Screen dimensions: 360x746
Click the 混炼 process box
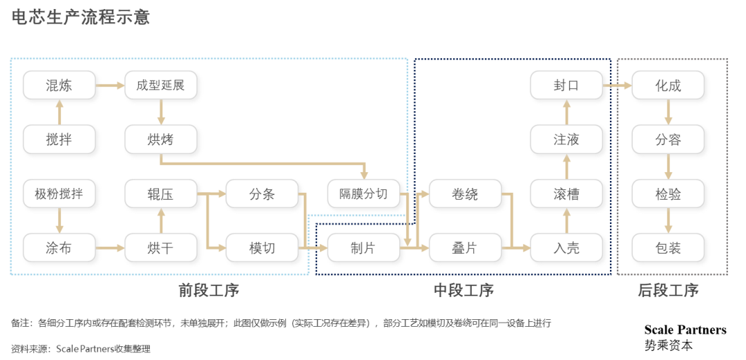59,86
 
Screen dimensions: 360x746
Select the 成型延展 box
160,86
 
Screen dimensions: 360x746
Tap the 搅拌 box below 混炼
59,140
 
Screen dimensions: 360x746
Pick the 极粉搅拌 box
59,194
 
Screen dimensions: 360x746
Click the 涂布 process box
59,248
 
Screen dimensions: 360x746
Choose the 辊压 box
160,194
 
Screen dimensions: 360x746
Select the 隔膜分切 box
363,194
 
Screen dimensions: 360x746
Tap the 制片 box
363,248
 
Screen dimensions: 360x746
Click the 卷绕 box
465,194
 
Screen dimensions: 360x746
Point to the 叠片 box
465,248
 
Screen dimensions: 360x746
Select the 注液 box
566,140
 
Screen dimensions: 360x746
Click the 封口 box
566,86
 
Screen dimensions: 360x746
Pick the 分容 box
668,140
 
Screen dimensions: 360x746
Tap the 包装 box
668,248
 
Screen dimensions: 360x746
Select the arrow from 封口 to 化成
618,86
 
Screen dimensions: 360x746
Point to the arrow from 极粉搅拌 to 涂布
59,221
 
